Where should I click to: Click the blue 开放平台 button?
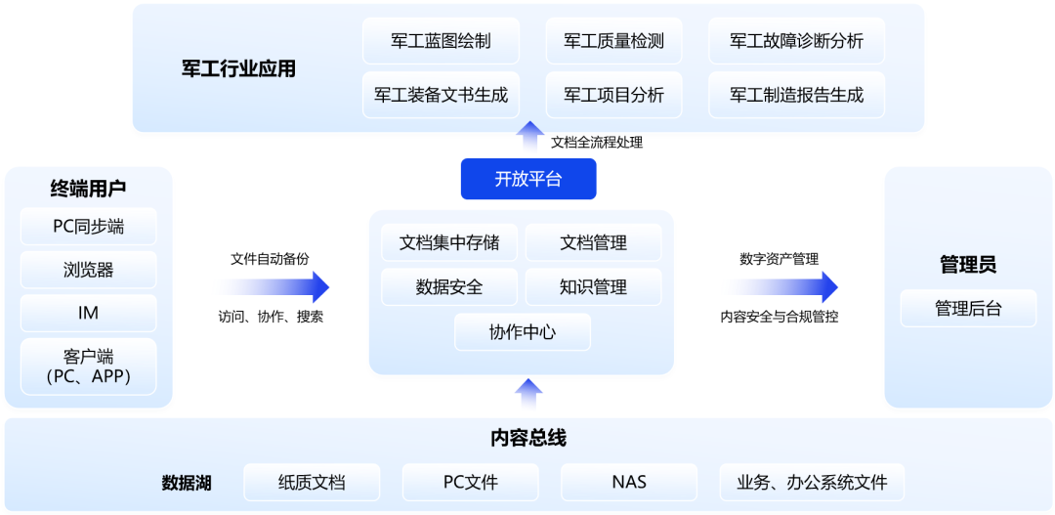(x=528, y=179)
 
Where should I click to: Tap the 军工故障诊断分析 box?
(x=796, y=41)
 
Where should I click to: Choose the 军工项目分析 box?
(x=613, y=95)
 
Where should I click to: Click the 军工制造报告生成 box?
(x=796, y=95)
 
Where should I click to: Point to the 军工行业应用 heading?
(x=238, y=68)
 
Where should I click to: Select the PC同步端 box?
(x=89, y=227)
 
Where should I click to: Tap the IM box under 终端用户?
(x=89, y=313)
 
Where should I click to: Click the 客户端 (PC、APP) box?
(x=89, y=366)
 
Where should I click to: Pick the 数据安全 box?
(x=449, y=287)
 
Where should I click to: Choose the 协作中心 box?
(x=523, y=332)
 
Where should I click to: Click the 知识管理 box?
(x=593, y=287)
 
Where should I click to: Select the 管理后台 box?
(x=968, y=309)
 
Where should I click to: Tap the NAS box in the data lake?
(x=629, y=482)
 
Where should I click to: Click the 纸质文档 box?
(x=312, y=482)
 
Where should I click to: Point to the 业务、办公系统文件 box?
(x=812, y=482)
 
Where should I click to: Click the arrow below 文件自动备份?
(x=274, y=287)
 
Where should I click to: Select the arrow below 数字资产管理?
(x=782, y=287)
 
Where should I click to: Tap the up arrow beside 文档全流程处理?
(x=530, y=137)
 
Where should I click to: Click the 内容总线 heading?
(x=528, y=438)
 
